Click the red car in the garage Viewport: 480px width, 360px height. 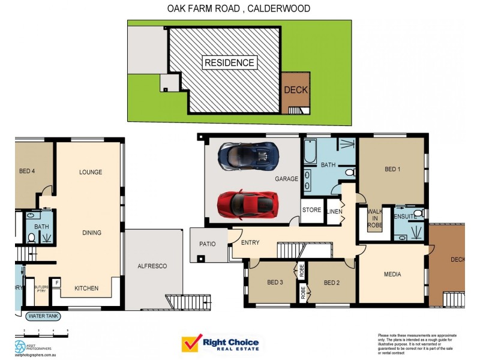click(x=247, y=205)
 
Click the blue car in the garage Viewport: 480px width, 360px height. click(x=248, y=155)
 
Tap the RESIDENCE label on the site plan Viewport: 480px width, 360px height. click(x=229, y=62)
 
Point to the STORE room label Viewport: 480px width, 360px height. click(x=311, y=210)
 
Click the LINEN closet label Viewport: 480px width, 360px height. click(x=334, y=211)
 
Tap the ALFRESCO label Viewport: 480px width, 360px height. click(x=152, y=266)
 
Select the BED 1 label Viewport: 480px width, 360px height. click(x=392, y=170)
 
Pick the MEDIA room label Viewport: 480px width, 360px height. click(x=392, y=275)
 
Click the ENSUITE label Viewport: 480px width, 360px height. click(x=405, y=215)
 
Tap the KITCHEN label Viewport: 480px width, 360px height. click(x=86, y=289)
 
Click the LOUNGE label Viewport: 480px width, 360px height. click(x=91, y=172)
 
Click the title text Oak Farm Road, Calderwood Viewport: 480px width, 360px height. click(x=238, y=8)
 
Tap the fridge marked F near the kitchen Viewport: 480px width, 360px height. click(x=57, y=282)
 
